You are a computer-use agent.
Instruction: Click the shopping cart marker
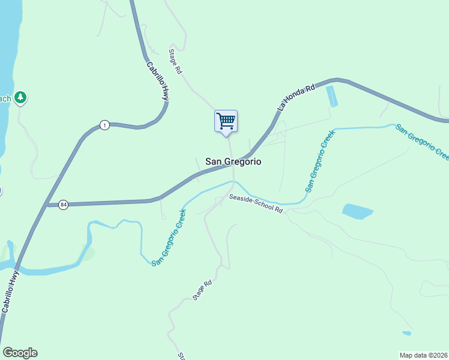click(226, 121)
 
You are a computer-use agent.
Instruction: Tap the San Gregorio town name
click(233, 161)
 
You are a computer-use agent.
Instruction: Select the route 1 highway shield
click(105, 125)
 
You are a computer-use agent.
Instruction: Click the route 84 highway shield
click(64, 205)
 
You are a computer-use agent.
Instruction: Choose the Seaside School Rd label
click(255, 203)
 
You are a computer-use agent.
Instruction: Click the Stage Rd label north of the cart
click(175, 61)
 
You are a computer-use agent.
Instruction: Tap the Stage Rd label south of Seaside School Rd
click(203, 290)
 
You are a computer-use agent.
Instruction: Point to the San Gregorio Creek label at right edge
click(421, 142)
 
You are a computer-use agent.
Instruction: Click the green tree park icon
click(21, 97)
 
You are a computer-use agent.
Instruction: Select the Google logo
click(20, 353)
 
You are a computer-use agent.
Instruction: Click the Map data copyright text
click(423, 355)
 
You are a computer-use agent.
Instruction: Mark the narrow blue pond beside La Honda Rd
click(331, 96)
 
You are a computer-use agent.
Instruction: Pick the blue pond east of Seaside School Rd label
click(358, 211)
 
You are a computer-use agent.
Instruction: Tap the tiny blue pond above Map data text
click(407, 333)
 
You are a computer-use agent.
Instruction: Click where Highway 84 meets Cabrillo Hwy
click(46, 205)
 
